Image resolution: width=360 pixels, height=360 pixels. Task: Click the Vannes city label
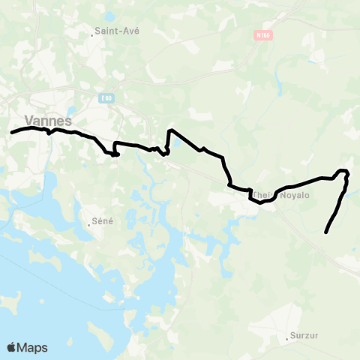pos(48,120)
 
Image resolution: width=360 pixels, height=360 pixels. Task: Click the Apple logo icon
pos(12,347)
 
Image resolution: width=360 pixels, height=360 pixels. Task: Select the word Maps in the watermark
pos(32,347)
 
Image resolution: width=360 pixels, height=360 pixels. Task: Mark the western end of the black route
pos(11,133)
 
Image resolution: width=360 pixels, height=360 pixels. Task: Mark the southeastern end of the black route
pos(325,232)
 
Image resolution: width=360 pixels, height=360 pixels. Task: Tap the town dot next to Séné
pos(89,223)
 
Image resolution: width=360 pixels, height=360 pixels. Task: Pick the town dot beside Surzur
pos(287,338)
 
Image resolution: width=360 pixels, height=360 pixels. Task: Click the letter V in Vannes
pos(29,120)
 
